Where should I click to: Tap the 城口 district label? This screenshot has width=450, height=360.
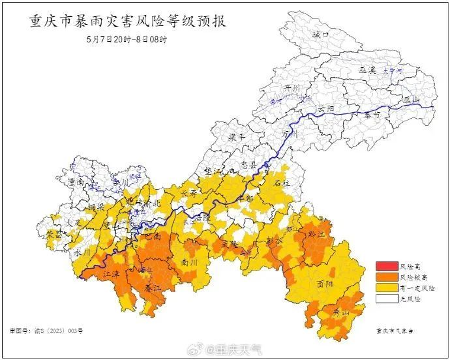pyautogui.click(x=320, y=34)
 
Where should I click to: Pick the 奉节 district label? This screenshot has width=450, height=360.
pyautogui.click(x=372, y=115)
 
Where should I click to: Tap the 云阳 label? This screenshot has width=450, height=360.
pyautogui.click(x=326, y=108)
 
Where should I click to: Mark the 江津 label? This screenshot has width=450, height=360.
pyautogui.click(x=112, y=277)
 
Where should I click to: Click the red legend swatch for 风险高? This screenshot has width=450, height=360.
pyautogui.click(x=386, y=266)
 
